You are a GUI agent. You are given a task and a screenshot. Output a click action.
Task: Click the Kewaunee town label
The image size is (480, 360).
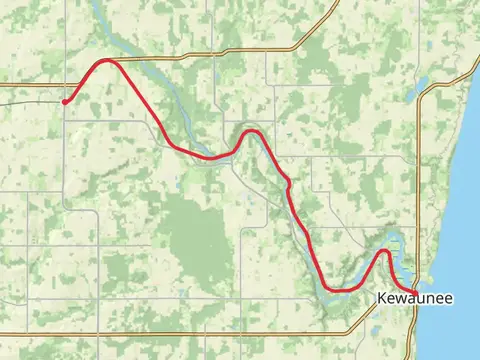tap(415, 299)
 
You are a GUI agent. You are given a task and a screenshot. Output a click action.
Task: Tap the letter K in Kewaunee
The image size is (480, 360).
tap(383, 299)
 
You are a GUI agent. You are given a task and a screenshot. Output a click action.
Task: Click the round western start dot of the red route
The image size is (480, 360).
tap(65, 101)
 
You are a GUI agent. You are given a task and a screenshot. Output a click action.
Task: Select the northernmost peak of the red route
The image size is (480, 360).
tap(106, 61)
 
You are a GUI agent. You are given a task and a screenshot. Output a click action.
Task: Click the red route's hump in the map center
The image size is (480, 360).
tap(251, 131)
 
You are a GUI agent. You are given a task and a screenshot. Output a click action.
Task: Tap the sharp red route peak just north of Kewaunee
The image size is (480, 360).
tap(383, 251)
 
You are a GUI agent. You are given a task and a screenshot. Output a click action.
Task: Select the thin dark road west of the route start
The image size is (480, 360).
tap(30, 101)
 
